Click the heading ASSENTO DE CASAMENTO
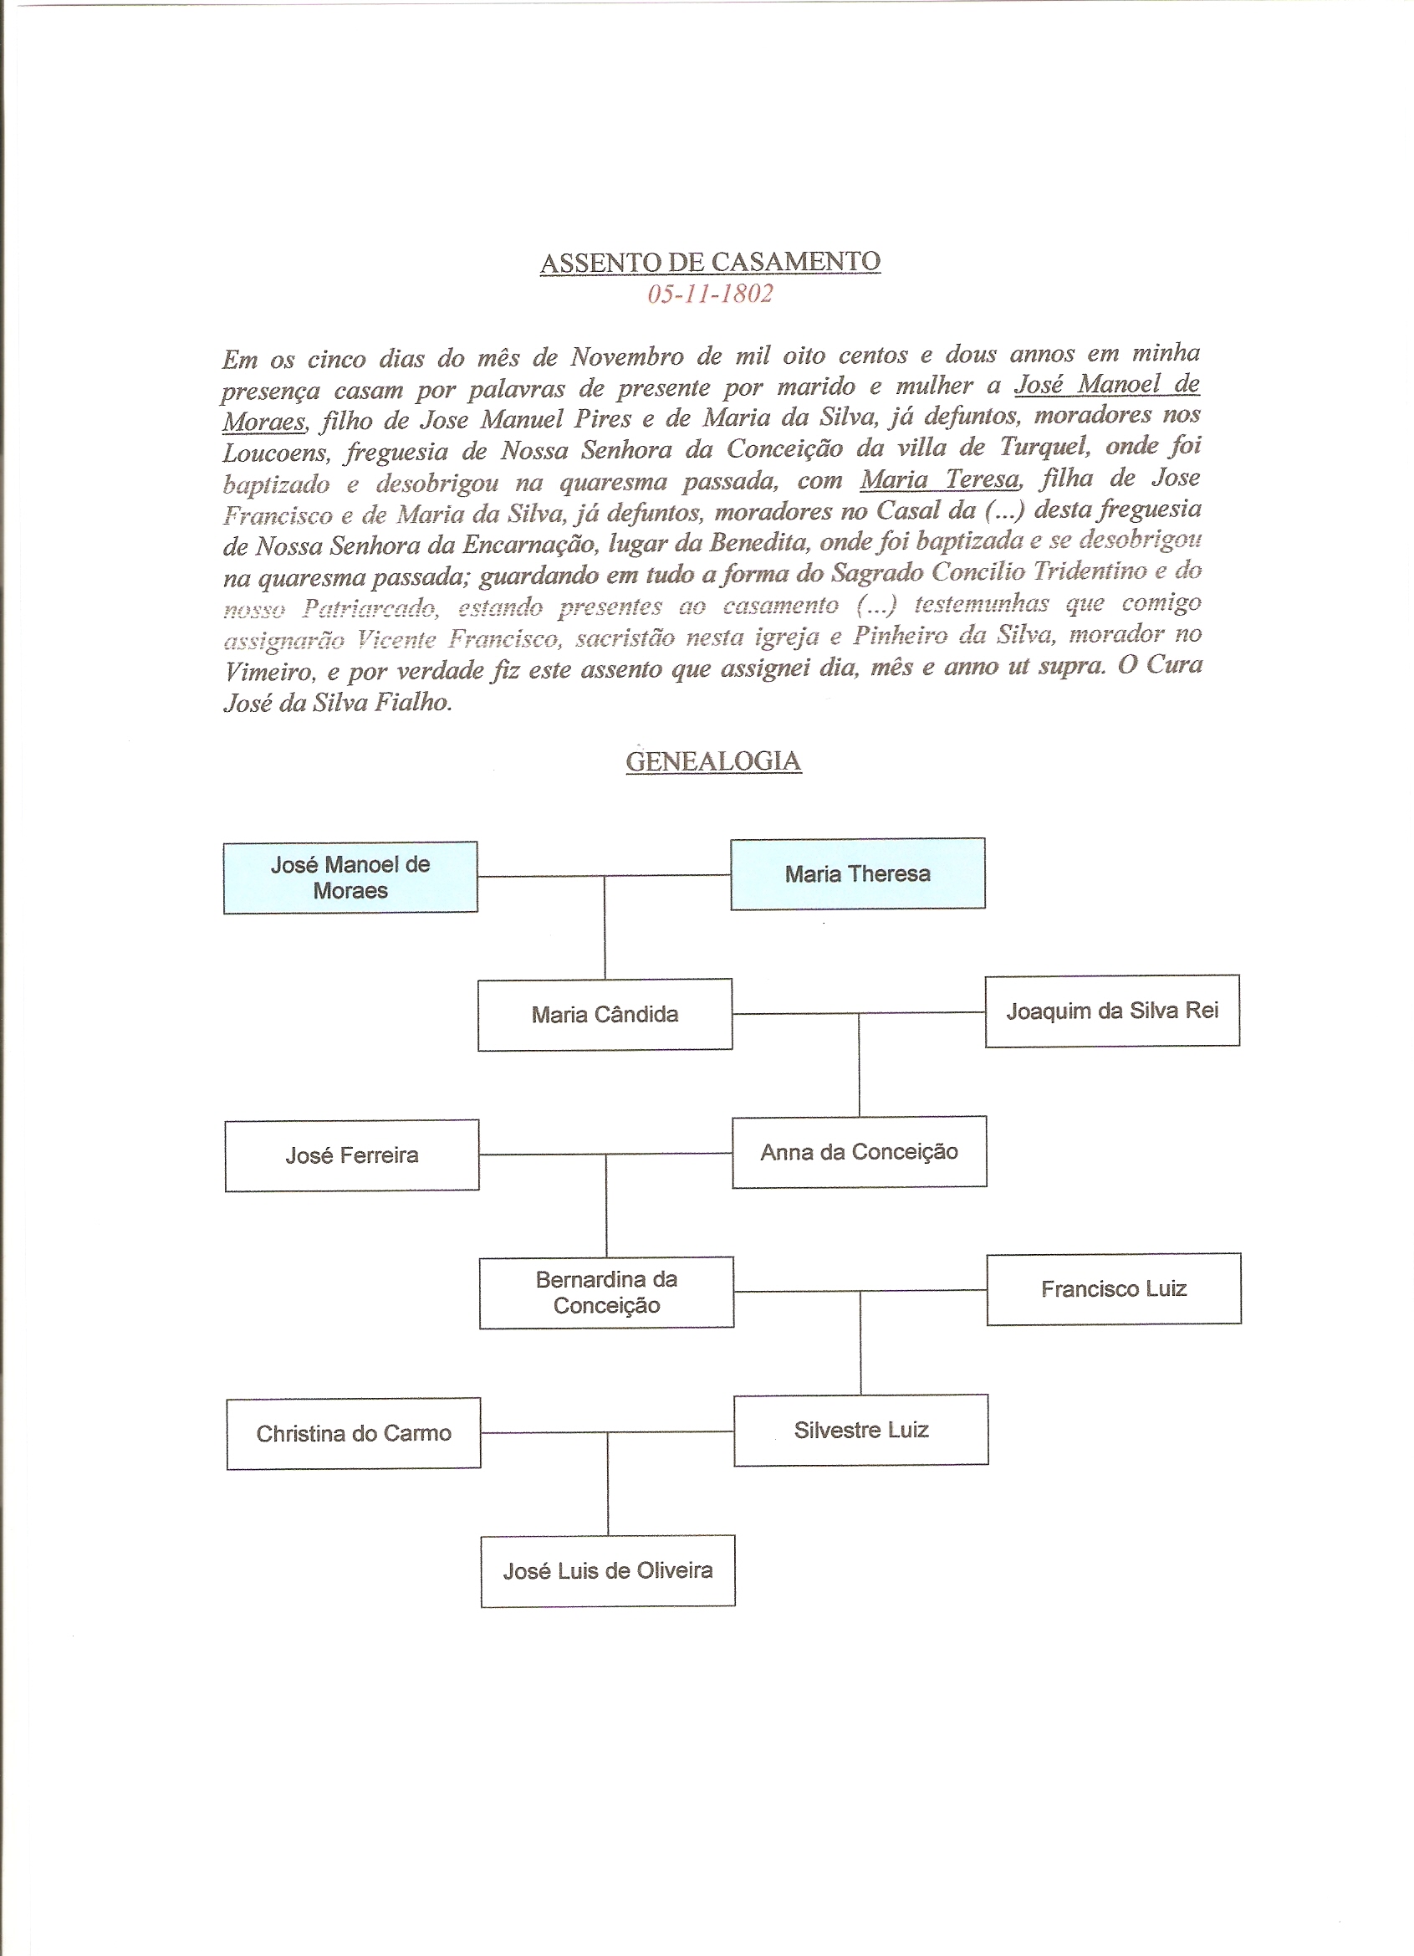pyautogui.click(x=710, y=262)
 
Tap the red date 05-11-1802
pyautogui.click(x=710, y=294)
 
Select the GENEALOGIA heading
pyautogui.click(x=713, y=761)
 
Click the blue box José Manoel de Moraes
pyautogui.click(x=350, y=877)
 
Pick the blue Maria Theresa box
pyautogui.click(x=857, y=873)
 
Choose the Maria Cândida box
pyautogui.click(x=605, y=1014)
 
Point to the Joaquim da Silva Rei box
pyautogui.click(x=1111, y=1011)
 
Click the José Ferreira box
pyautogui.click(x=352, y=1155)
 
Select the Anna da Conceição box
pyautogui.click(x=859, y=1152)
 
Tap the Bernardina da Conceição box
pyautogui.click(x=606, y=1292)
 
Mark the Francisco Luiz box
pyautogui.click(x=1113, y=1288)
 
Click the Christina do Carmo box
pyautogui.click(x=354, y=1433)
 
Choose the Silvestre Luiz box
pyautogui.click(x=860, y=1430)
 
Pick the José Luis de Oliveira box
pyautogui.click(x=608, y=1570)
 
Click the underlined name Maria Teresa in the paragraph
pyautogui.click(x=939, y=479)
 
